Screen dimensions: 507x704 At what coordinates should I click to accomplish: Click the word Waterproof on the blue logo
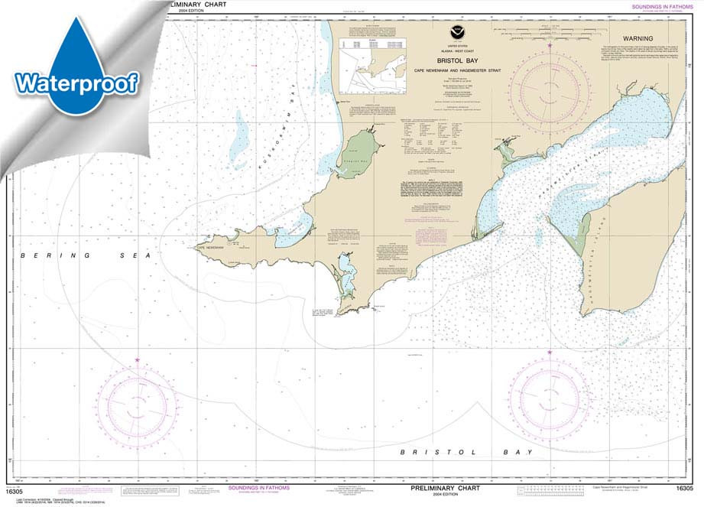(75, 81)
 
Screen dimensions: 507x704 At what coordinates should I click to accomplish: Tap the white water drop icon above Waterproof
(75, 43)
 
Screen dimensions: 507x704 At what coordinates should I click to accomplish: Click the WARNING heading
(637, 37)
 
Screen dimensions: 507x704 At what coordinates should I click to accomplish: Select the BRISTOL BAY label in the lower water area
(466, 453)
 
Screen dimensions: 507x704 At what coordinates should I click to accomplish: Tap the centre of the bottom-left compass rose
(138, 401)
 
